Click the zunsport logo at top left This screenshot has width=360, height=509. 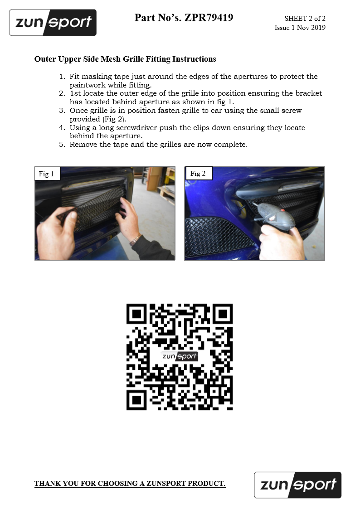pos(53,22)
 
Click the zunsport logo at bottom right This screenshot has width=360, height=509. pos(298,485)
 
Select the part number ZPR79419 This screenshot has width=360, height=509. pos(209,18)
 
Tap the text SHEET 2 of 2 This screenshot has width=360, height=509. pos(305,19)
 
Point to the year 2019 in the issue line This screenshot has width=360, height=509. pos(318,28)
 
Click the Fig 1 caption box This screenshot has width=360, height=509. pos(48,174)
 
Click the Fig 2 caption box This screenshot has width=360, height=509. pos(198,173)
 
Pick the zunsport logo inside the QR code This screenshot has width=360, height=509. pos(180,356)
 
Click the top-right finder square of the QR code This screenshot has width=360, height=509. pos(222,314)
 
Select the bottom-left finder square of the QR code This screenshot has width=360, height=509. pos(136,400)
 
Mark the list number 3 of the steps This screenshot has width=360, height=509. pos(62,111)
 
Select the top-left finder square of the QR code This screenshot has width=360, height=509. pos(136,314)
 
